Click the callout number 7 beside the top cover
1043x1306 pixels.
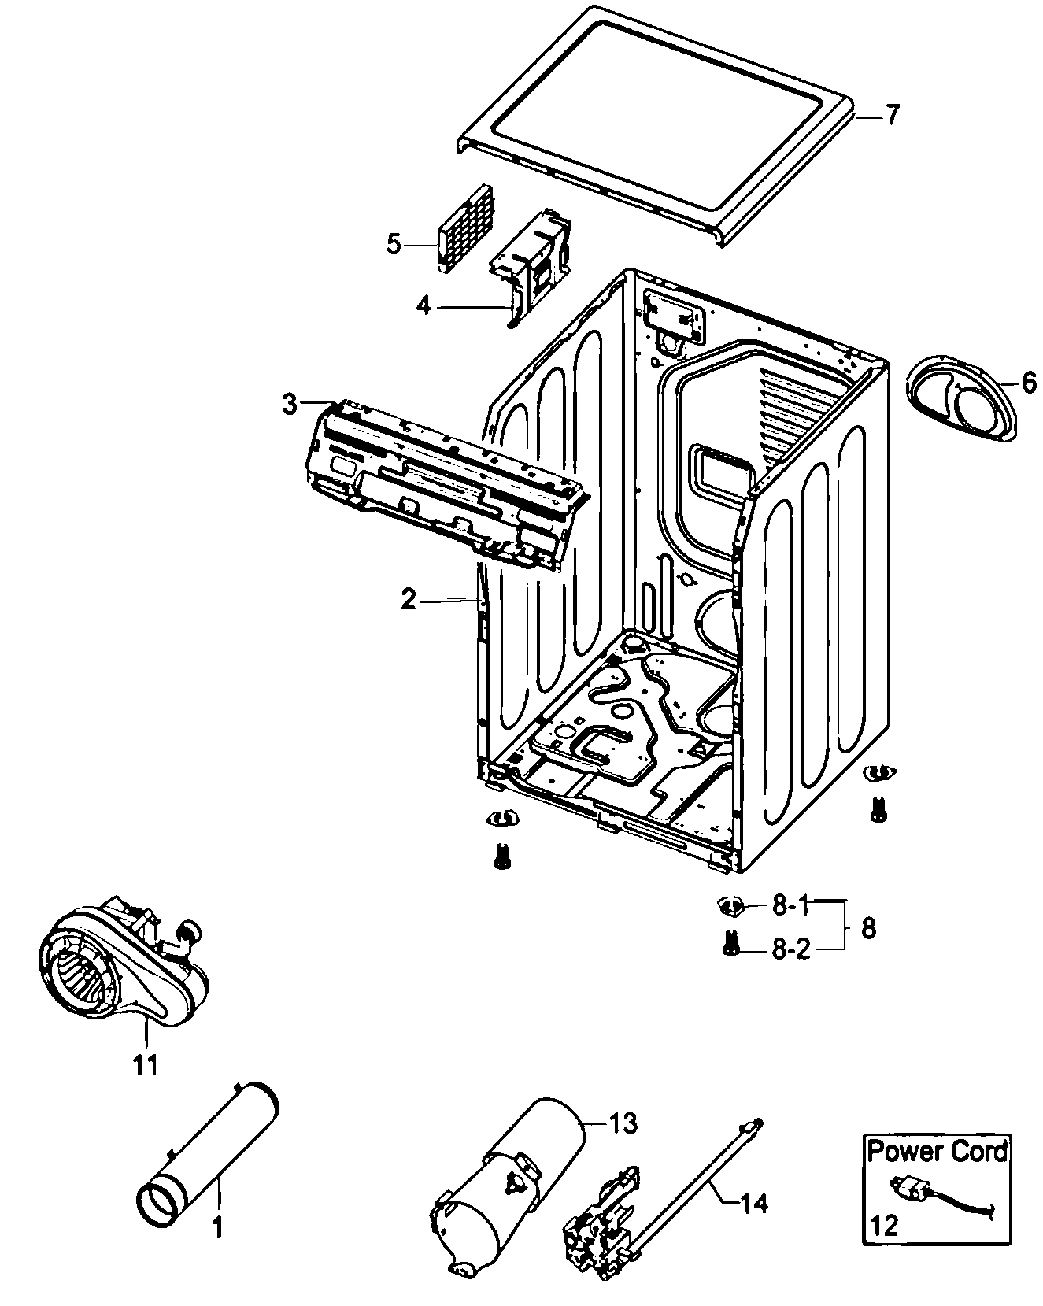click(x=891, y=116)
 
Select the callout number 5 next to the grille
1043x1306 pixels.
click(x=394, y=244)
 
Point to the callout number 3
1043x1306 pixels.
click(x=290, y=405)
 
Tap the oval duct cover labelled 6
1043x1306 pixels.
click(x=960, y=401)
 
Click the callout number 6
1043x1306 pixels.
click(x=1029, y=383)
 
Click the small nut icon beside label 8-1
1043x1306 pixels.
click(x=730, y=906)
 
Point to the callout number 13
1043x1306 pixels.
click(x=622, y=1123)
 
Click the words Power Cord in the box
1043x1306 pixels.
click(x=937, y=1152)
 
